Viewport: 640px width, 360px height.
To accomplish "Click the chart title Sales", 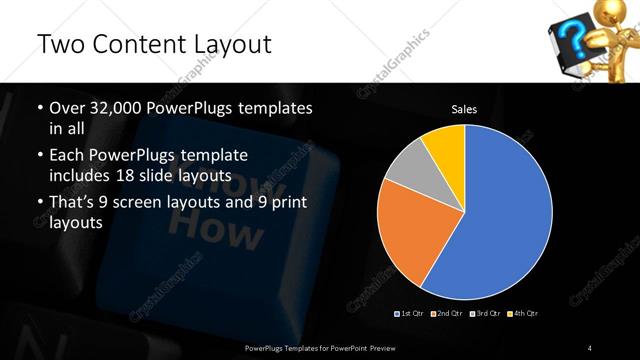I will coord(464,108).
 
